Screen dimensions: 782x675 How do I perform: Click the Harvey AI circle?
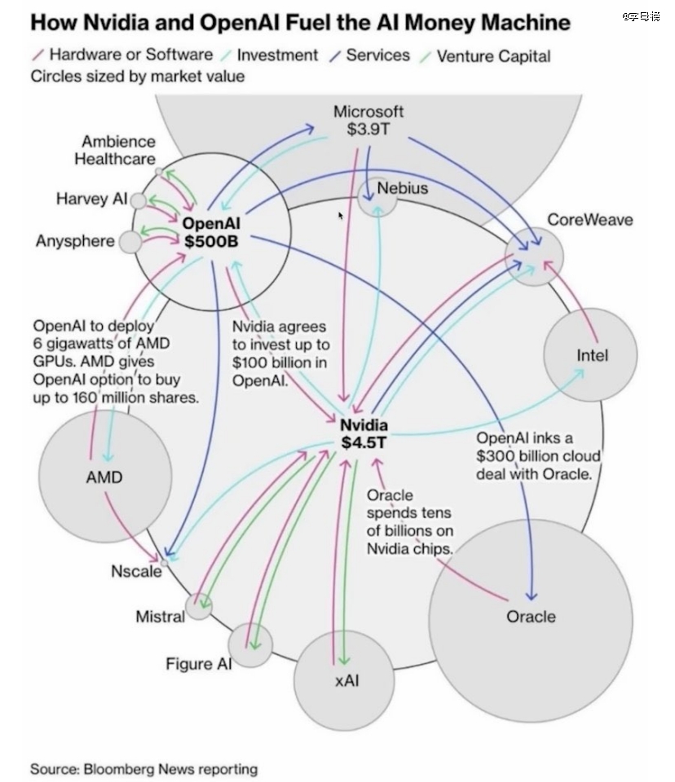139,200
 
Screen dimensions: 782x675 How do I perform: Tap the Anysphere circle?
130,242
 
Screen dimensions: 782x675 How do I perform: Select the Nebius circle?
377,195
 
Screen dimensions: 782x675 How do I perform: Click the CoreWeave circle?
535,255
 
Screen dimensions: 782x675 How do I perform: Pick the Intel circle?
592,355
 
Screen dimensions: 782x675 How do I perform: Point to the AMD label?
104,477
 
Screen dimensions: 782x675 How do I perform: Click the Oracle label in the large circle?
531,617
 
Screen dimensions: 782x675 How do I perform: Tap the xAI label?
346,679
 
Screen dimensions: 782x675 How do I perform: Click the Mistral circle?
198,605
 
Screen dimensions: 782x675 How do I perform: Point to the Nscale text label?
136,571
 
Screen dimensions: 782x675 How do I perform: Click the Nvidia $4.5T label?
364,433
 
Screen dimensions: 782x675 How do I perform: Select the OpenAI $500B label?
212,231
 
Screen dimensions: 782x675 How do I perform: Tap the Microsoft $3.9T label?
368,120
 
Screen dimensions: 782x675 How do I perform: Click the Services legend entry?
377,55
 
